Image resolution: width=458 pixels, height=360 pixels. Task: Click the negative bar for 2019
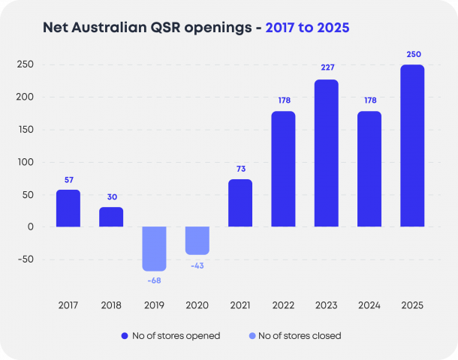pos(154,248)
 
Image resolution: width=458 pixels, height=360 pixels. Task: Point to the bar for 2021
pos(240,202)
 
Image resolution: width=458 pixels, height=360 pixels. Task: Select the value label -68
pos(154,280)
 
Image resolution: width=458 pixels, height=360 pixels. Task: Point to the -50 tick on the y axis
pos(26,259)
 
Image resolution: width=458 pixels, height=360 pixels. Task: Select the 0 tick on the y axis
pos(31,226)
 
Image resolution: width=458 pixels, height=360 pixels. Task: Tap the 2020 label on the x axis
pos(197,305)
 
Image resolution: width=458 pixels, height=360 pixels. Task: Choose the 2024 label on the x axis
pos(369,305)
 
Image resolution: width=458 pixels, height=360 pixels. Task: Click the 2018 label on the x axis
pos(111,305)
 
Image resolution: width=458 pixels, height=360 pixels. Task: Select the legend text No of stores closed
pos(300,336)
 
